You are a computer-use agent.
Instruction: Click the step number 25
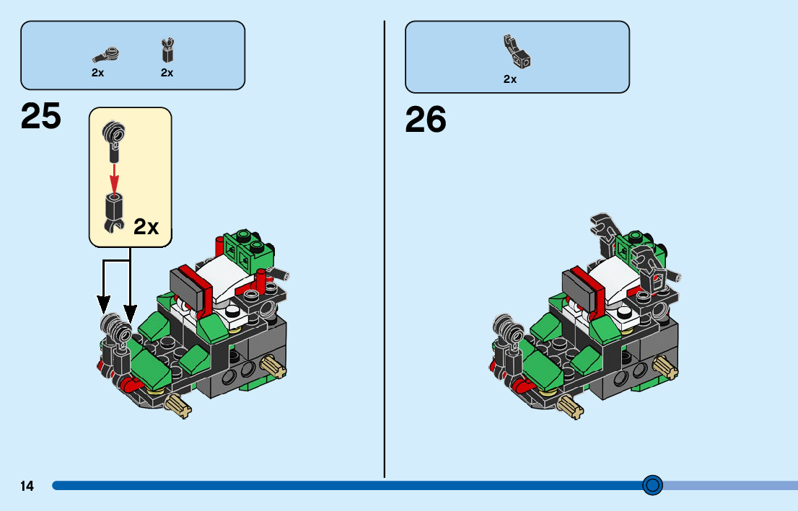41,117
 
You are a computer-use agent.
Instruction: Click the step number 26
426,120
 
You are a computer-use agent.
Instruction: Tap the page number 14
27,486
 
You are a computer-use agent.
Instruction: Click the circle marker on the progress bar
652,485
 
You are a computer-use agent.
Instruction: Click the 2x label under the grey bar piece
98,73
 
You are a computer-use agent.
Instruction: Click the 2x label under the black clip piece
167,73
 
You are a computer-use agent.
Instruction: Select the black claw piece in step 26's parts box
517,51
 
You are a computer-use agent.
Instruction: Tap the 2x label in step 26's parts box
510,79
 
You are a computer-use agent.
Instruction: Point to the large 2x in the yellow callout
146,227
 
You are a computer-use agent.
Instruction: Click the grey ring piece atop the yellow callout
113,132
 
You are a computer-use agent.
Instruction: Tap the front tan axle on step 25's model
180,405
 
